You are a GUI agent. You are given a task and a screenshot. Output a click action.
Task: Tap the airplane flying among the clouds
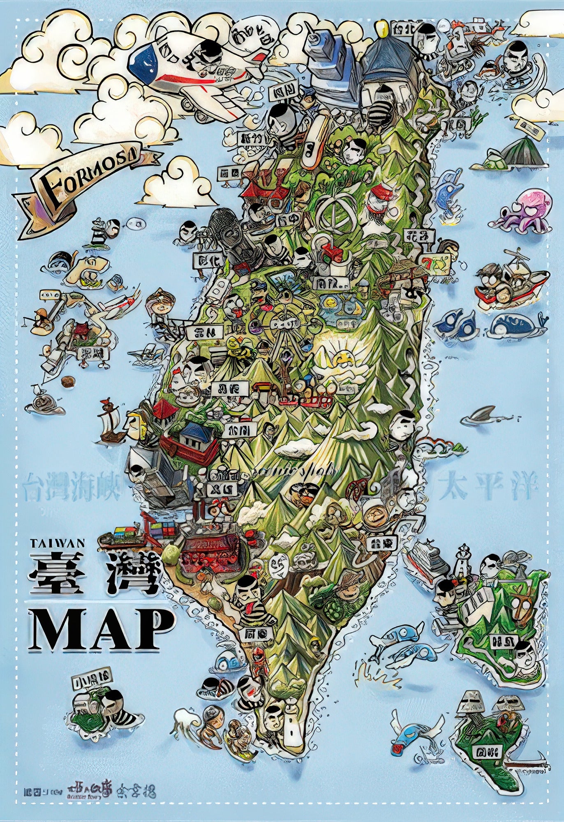[193, 70]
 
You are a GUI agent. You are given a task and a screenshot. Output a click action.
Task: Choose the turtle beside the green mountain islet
[491, 160]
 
